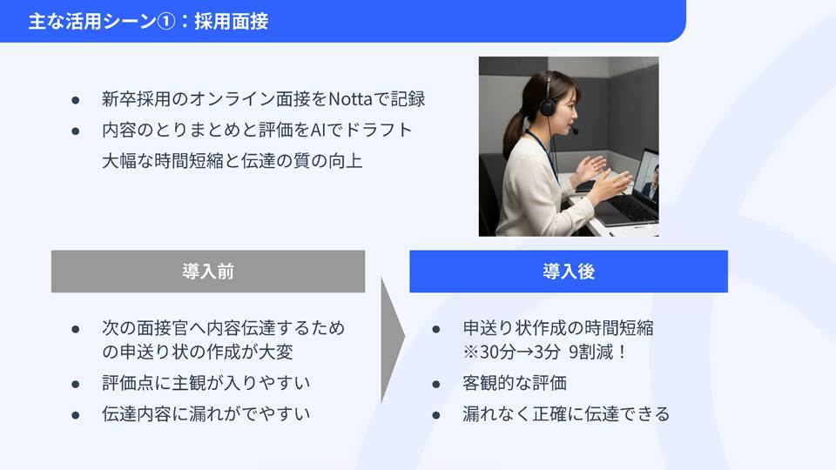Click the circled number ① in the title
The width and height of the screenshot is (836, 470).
(x=165, y=21)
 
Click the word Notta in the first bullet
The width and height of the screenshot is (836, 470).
(x=350, y=99)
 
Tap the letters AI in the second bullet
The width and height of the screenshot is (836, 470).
(x=317, y=130)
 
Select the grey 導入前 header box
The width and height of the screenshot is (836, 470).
(x=208, y=272)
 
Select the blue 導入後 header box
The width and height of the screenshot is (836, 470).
(x=569, y=272)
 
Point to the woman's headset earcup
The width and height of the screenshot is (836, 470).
(x=548, y=107)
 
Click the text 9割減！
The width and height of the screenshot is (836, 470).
(x=598, y=352)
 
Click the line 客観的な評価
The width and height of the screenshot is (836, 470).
(x=515, y=383)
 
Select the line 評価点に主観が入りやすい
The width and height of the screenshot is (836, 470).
(x=206, y=383)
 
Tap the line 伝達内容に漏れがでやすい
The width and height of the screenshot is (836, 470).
(x=206, y=414)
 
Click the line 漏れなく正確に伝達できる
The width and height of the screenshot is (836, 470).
(x=566, y=414)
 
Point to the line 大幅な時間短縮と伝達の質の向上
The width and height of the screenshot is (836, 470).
(x=232, y=161)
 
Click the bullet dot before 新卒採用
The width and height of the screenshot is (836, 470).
(x=76, y=100)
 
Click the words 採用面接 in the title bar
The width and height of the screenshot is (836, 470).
(x=231, y=21)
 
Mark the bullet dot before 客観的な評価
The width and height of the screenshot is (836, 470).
(x=436, y=384)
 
